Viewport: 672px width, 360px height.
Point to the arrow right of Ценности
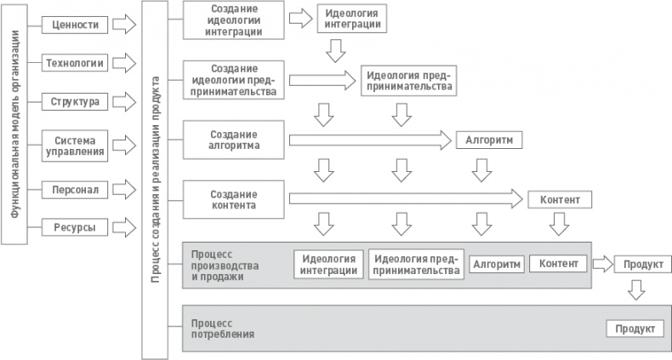click(123, 24)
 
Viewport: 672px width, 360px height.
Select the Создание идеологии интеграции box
click(234, 20)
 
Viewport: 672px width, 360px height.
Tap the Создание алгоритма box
click(234, 140)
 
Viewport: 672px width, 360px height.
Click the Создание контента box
click(234, 199)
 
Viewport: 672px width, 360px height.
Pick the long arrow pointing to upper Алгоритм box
click(370, 140)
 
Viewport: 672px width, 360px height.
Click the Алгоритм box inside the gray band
click(496, 265)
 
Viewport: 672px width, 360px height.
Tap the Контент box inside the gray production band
click(558, 263)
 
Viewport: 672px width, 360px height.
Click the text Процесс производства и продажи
click(218, 265)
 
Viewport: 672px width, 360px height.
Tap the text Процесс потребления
click(224, 328)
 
